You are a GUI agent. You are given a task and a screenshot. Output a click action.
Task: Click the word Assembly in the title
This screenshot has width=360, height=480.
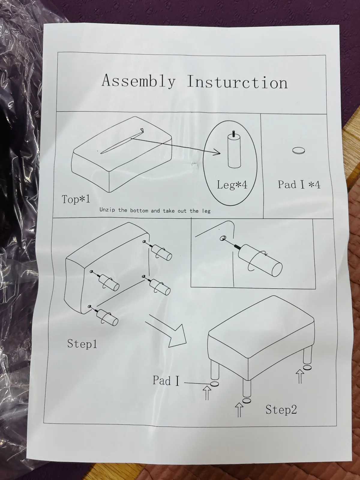coord(139,81)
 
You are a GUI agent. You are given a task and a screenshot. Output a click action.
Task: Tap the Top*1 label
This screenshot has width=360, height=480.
coord(76,199)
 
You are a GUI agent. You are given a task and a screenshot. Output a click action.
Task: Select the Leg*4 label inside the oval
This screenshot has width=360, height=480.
coord(232,185)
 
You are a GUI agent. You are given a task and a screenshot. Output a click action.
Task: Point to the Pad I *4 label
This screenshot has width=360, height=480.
coord(299,184)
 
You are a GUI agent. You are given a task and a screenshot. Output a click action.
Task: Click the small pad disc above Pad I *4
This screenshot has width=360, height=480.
coord(298,151)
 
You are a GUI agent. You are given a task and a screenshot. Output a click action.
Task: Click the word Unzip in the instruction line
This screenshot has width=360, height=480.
coord(107,210)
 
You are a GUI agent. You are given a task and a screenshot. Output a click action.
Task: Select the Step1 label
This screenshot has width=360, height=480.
coord(82,343)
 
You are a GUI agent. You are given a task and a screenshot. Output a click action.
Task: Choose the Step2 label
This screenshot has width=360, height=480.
coord(281,409)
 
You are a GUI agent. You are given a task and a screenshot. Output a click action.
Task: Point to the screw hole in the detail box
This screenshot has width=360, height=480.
coord(223,238)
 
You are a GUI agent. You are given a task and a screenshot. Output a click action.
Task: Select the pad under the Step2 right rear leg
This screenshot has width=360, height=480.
coord(307,367)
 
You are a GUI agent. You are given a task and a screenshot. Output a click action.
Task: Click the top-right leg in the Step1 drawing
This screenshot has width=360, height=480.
coord(161,251)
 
